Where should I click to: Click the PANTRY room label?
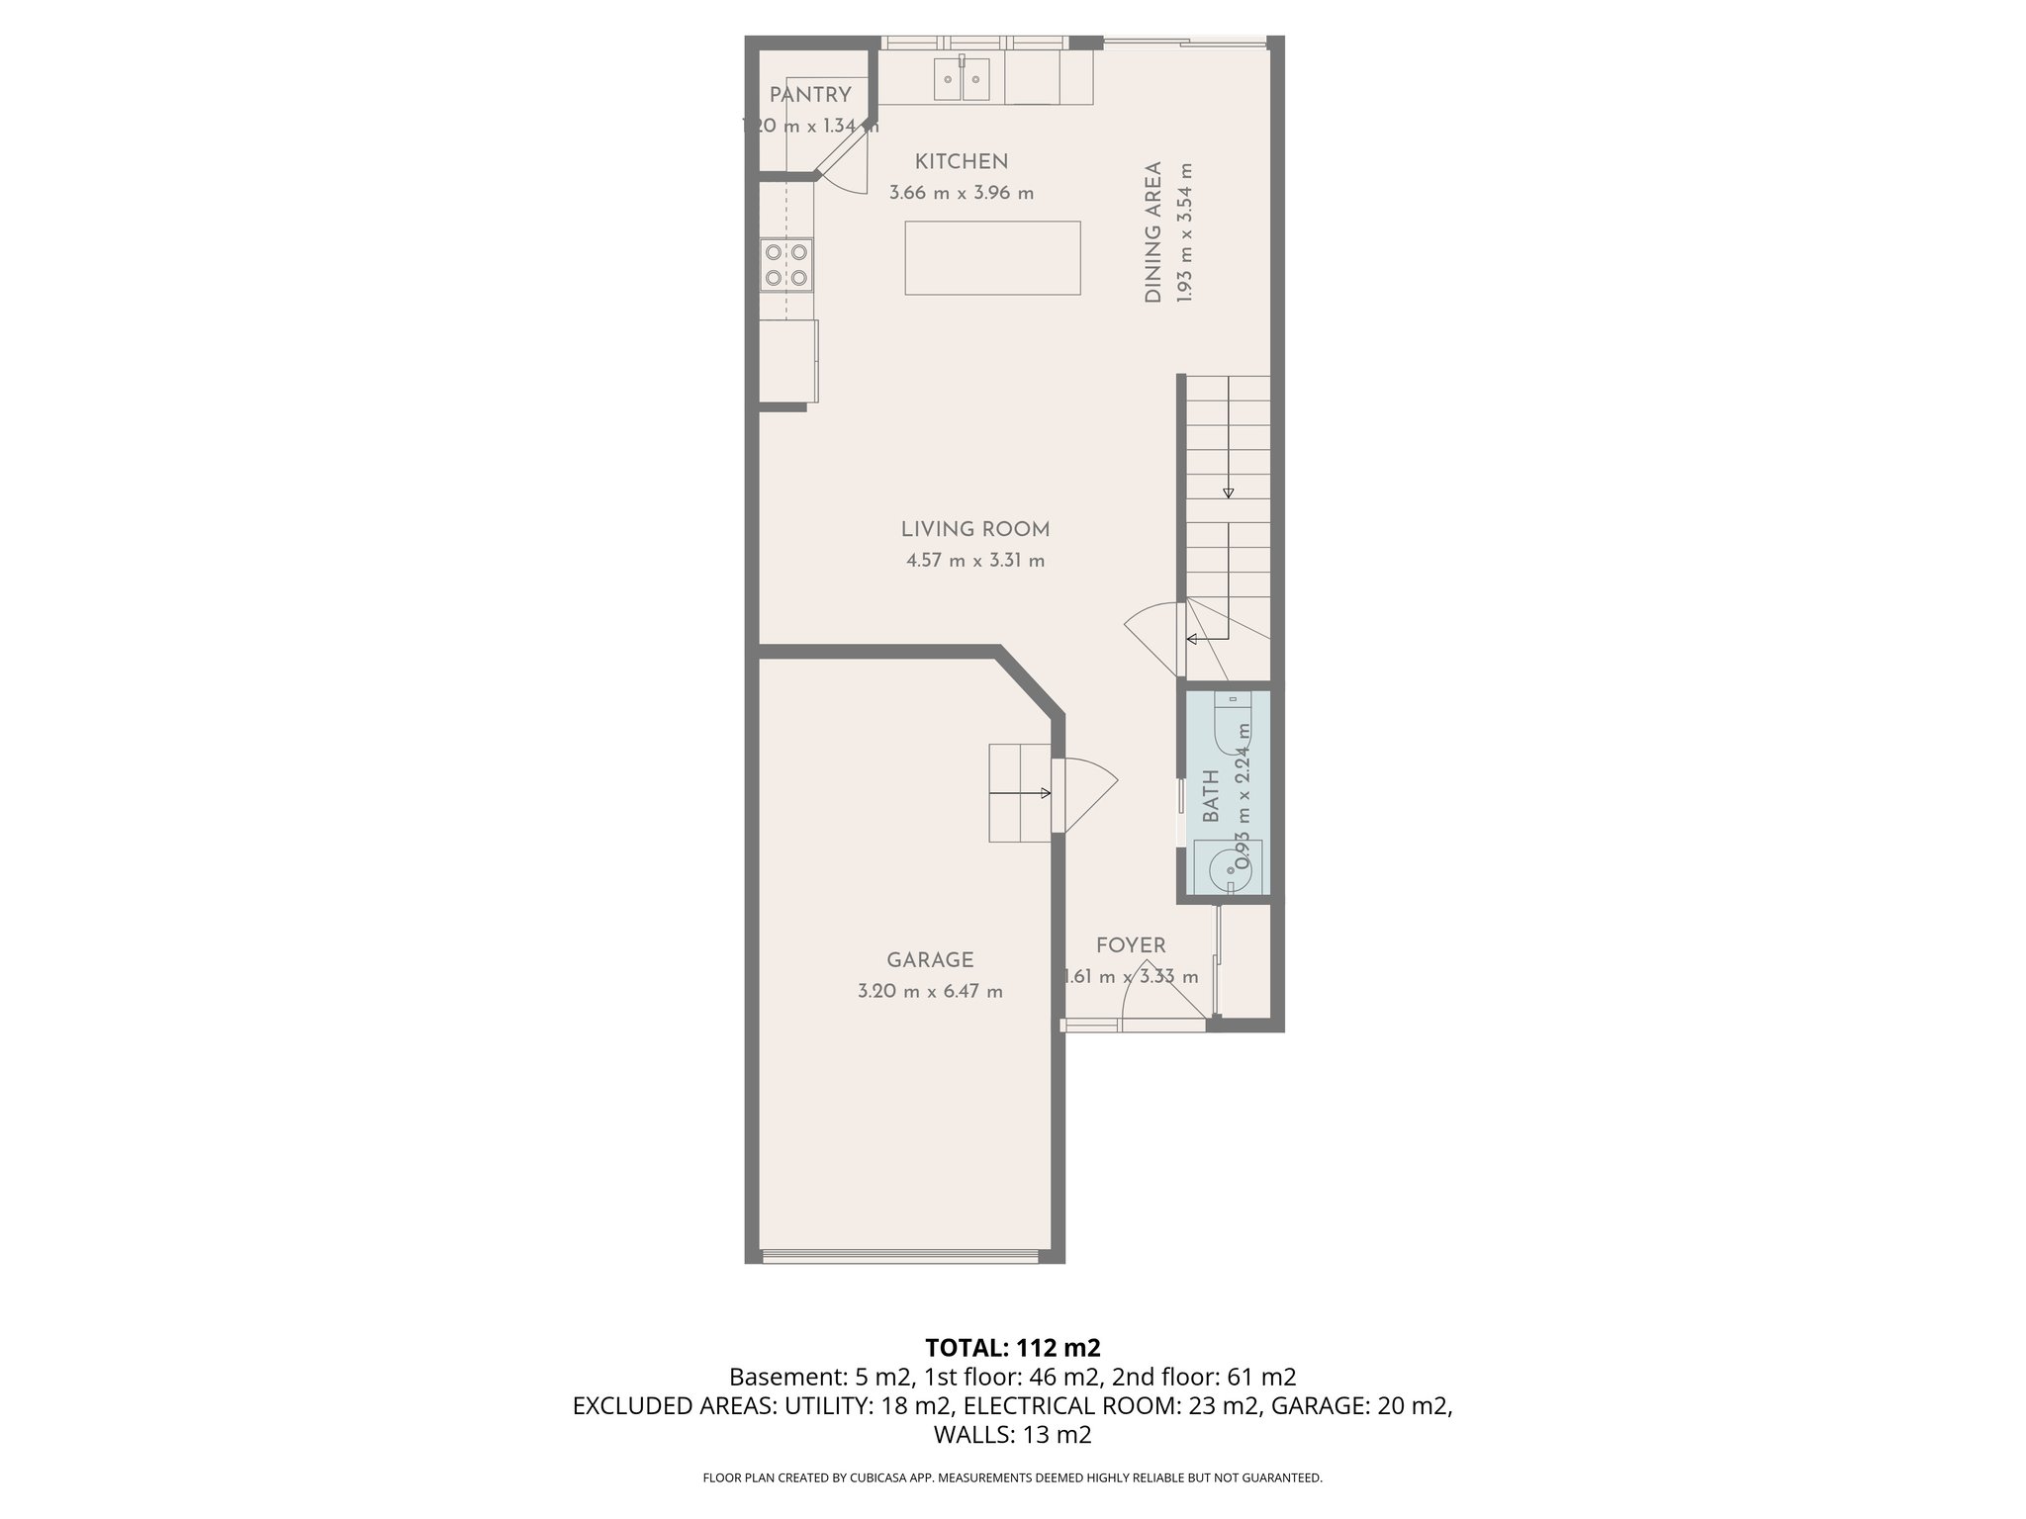[x=810, y=95]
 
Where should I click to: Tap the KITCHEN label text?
[x=961, y=161]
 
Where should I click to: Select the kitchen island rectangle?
[x=992, y=257]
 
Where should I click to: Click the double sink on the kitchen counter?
[x=963, y=79]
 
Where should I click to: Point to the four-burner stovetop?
[x=786, y=265]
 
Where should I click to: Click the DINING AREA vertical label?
[x=1153, y=232]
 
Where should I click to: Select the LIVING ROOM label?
[x=974, y=529]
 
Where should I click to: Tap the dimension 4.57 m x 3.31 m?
[x=974, y=561]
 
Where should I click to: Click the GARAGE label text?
[x=930, y=960]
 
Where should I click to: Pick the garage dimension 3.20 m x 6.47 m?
[x=930, y=991]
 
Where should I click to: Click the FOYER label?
[x=1131, y=945]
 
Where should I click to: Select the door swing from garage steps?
[x=1086, y=791]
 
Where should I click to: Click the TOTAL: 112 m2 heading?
[x=1012, y=1347]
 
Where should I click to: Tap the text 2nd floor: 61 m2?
[x=1204, y=1377]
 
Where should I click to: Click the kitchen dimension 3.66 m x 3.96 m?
[x=961, y=193]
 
